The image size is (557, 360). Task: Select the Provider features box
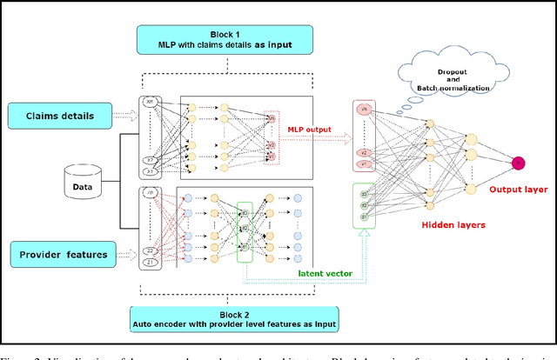[62, 256]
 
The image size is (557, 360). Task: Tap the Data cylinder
[84, 184]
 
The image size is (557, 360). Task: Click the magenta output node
[517, 163]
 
